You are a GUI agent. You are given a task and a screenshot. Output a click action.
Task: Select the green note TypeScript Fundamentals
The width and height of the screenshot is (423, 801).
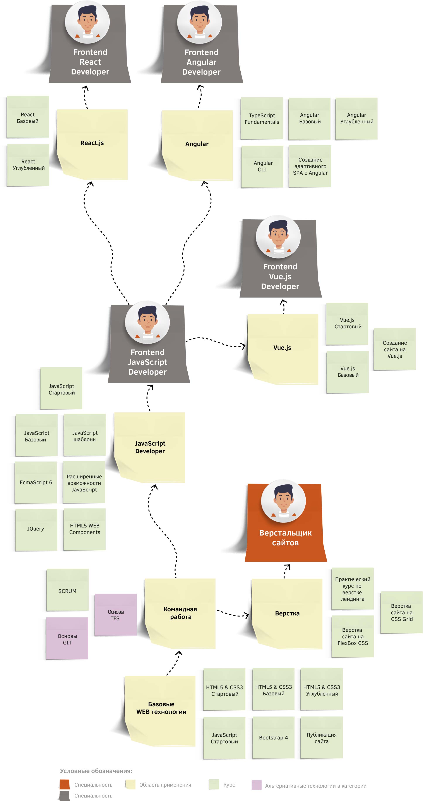[262, 119]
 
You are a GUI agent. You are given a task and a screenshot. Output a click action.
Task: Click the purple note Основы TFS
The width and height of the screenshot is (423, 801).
[116, 615]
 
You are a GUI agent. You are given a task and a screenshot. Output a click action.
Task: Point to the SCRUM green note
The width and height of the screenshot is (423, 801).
[67, 590]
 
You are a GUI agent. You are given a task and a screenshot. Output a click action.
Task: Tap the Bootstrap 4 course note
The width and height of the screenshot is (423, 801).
[273, 737]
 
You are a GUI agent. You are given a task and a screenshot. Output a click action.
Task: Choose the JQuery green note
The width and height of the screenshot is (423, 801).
[36, 529]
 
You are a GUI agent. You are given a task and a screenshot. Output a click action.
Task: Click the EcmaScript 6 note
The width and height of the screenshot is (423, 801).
[36, 482]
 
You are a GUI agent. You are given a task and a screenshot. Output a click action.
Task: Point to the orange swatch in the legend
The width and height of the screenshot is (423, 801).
[65, 784]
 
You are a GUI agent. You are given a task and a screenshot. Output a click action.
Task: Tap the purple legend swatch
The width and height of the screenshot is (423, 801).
[256, 785]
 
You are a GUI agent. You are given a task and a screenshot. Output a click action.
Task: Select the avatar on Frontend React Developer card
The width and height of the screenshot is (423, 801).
[87, 22]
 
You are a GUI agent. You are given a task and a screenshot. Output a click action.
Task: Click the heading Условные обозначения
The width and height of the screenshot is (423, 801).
[96, 771]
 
